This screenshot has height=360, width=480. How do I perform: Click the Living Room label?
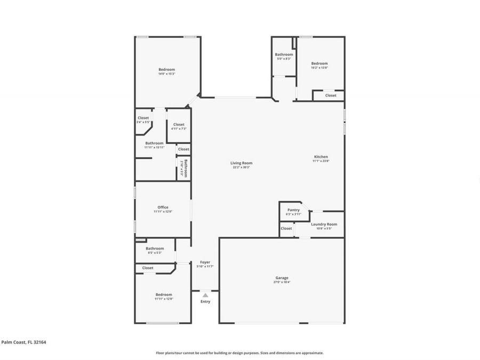[x=241, y=163]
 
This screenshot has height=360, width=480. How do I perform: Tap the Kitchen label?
[x=321, y=157]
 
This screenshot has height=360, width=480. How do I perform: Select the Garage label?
[x=282, y=278]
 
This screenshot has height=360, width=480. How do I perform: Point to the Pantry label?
[x=293, y=210]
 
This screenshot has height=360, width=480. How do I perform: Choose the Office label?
[x=163, y=207]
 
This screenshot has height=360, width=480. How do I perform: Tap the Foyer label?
[x=205, y=262]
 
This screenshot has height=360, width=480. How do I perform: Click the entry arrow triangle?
[x=205, y=295]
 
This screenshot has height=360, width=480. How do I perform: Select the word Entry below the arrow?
[x=205, y=302]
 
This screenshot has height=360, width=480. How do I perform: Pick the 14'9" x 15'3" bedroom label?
[x=166, y=70]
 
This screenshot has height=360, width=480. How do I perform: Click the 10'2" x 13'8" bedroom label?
[x=319, y=63]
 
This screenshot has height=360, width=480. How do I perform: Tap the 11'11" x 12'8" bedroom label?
[x=164, y=295]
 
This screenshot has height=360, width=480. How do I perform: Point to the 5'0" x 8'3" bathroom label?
[x=284, y=54]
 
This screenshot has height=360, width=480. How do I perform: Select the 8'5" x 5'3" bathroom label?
[x=155, y=249]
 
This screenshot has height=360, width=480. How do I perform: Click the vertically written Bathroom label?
[x=186, y=168]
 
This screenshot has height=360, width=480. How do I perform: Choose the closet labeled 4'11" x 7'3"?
[x=179, y=125]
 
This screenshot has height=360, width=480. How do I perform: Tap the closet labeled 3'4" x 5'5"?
[x=143, y=118]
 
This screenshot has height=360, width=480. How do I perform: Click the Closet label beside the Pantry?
[x=286, y=228]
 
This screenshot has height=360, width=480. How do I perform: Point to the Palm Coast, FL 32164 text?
[x=23, y=342]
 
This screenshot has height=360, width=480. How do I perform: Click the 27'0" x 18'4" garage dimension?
[x=282, y=282]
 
